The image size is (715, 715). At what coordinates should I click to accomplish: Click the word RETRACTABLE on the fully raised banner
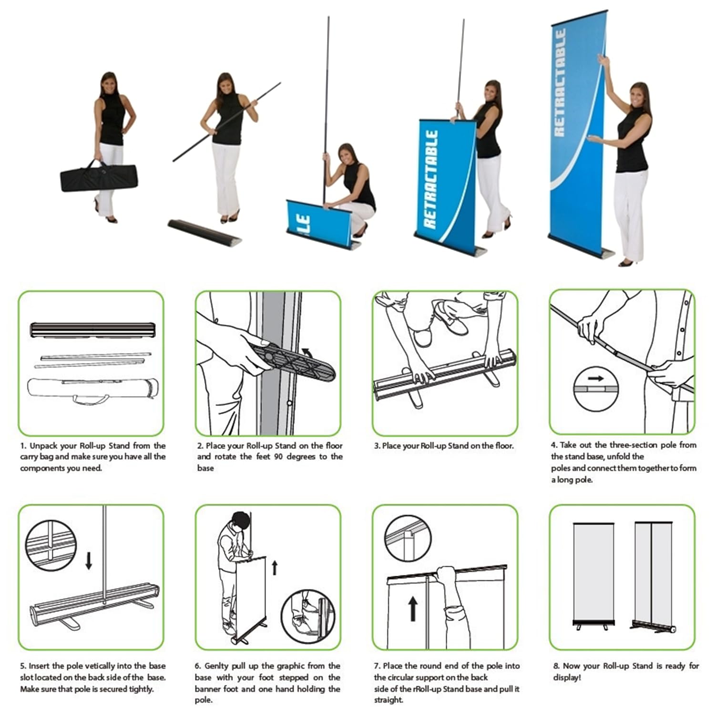point(560,83)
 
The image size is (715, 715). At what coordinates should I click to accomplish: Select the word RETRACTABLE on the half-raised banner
point(431,179)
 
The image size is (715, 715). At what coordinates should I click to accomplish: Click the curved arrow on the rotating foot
point(307,352)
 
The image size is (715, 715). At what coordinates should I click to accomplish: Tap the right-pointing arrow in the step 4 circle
point(595,378)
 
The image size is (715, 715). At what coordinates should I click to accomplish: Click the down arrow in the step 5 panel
point(89,561)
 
